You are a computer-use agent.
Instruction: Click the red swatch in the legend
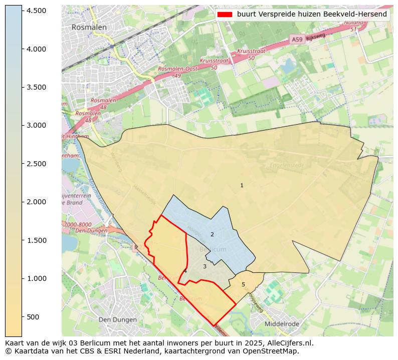(x=225, y=14)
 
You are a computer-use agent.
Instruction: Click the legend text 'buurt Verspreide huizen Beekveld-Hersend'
(x=312, y=14)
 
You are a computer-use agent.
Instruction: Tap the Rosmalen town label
(x=89, y=27)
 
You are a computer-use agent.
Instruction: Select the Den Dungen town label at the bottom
(x=117, y=319)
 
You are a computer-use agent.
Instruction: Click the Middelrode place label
(x=282, y=324)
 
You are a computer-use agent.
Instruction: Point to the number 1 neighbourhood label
(x=242, y=185)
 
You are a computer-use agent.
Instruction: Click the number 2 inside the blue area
(x=212, y=234)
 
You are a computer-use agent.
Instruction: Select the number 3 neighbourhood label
(x=205, y=266)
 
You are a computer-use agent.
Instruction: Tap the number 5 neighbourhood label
(x=244, y=284)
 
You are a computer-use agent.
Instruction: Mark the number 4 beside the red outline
(x=185, y=271)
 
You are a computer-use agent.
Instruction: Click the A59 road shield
(x=296, y=39)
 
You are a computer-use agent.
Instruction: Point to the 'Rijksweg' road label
(x=316, y=37)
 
